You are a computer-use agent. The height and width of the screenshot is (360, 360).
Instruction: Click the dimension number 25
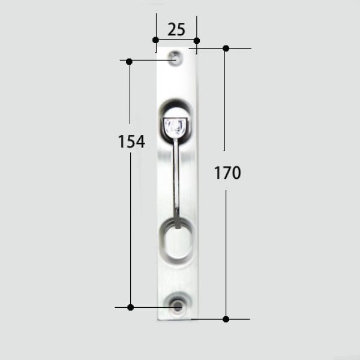click(176, 29)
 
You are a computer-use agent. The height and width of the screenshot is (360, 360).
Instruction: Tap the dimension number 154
click(131, 142)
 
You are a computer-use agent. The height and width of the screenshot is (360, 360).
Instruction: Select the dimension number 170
click(227, 173)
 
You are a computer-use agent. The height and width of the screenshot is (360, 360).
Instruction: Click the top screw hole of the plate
click(176, 59)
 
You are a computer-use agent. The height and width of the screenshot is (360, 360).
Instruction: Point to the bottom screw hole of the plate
click(178, 307)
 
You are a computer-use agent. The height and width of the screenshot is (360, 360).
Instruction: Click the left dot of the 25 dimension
click(155, 40)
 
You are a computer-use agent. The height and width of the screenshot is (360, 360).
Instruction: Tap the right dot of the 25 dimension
click(197, 41)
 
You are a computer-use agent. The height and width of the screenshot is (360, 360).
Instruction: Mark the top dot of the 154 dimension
click(129, 62)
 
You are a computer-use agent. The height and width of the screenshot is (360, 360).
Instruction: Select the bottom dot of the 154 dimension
click(130, 307)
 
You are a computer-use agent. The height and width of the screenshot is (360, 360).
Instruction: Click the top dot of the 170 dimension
click(226, 49)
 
